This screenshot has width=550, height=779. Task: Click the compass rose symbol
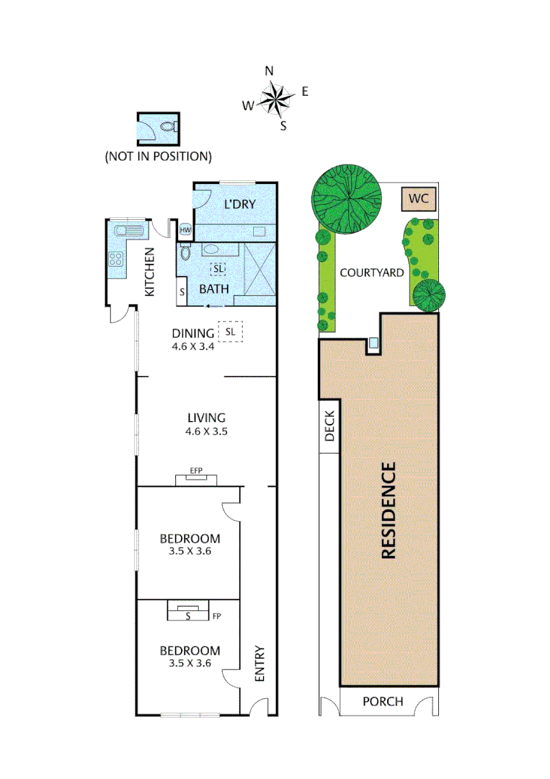coord(275,100)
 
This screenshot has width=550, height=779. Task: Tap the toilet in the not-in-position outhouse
coord(168,127)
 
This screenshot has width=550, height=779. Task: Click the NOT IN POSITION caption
coord(158,156)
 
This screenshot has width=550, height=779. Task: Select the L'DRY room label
coord(240,205)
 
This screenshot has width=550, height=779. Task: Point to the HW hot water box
coord(185,230)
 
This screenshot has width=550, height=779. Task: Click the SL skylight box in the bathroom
coord(218,270)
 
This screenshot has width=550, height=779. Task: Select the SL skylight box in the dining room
coord(231,331)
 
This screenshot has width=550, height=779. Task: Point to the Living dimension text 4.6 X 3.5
coord(206,431)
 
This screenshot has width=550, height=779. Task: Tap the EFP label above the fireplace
coord(195,471)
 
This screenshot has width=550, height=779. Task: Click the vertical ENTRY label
coord(260,663)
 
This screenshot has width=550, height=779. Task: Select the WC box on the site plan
coord(418,198)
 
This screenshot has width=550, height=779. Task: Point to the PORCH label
coord(383,701)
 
